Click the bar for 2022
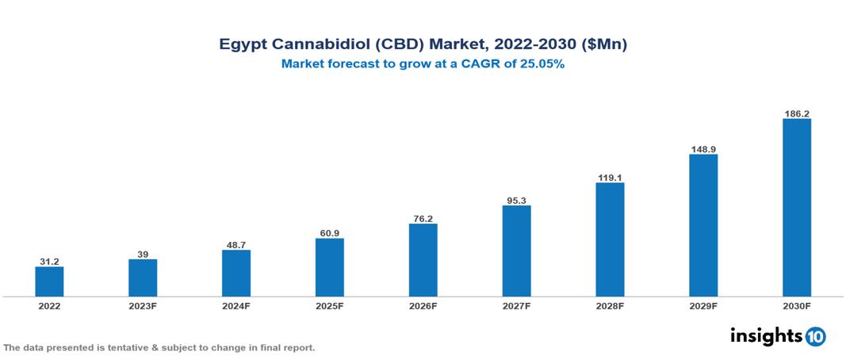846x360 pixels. coord(49,281)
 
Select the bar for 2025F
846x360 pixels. coord(330,267)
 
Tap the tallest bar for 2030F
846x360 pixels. coord(797,208)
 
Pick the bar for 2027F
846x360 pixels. coord(516,251)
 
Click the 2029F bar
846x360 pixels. coord(703,225)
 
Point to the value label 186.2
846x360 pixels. coord(797,113)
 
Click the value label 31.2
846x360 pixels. coord(49,261)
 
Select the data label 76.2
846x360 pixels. coord(423,218)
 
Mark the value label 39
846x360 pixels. coord(143,254)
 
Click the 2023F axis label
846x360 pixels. coord(143,306)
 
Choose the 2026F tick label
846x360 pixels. coord(423,306)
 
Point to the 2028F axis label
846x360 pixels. coord(610,306)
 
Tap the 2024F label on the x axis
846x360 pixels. coord(236,306)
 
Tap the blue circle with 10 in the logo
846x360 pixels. coord(815,336)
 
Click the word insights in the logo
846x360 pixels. coord(766,335)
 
